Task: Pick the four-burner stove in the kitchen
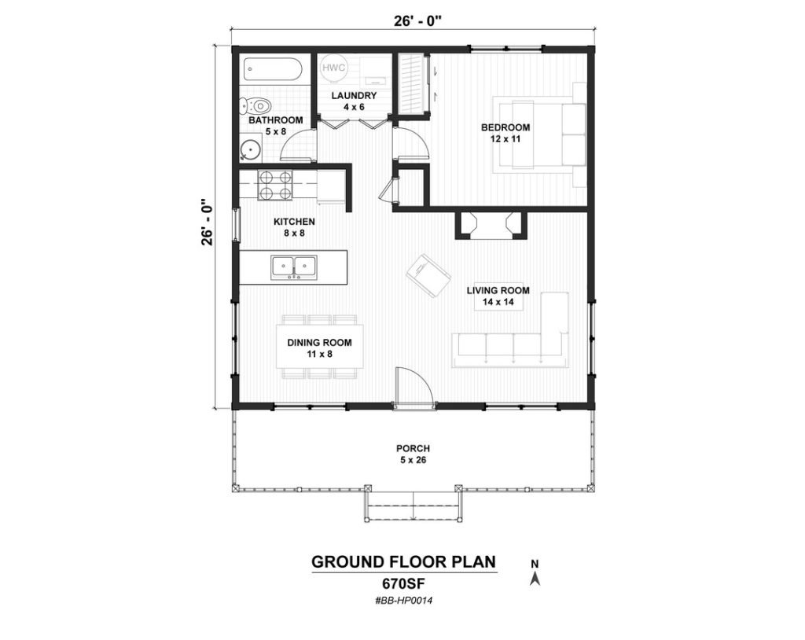[x=274, y=185]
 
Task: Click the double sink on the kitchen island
[x=294, y=267]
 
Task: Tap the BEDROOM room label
[x=505, y=127]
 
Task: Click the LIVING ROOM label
[x=498, y=290]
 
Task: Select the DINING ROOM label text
[x=319, y=343]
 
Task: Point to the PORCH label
[x=414, y=448]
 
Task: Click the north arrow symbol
[x=535, y=579]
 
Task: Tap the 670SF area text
[x=404, y=583]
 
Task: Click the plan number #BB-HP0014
[x=404, y=600]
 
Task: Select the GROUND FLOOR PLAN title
[x=404, y=562]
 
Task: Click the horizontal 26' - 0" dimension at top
[x=413, y=20]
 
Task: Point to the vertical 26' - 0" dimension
[x=208, y=222]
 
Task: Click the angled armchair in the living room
[x=428, y=275]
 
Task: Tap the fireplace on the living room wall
[x=491, y=225]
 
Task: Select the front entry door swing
[x=415, y=386]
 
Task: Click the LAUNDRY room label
[x=354, y=96]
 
